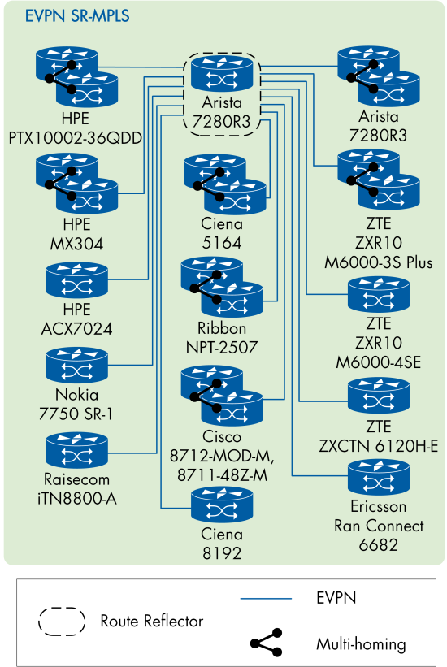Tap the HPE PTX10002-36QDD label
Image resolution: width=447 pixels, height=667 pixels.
76,128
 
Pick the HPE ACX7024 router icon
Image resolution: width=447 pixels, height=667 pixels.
76,280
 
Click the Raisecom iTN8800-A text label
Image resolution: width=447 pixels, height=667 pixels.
76,488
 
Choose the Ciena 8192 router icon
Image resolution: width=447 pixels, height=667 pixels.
223,507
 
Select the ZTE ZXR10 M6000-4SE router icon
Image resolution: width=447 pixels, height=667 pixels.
378,297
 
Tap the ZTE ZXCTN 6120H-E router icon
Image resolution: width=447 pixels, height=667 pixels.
378,397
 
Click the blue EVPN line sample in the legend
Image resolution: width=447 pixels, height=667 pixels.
266,598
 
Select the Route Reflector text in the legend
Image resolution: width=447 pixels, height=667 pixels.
152,621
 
